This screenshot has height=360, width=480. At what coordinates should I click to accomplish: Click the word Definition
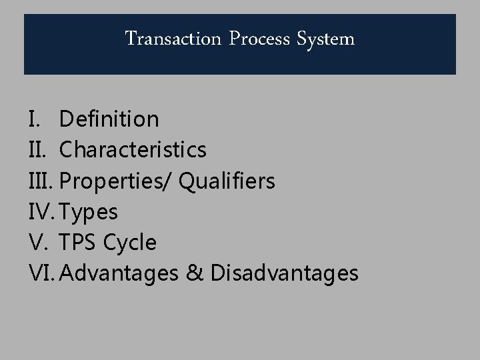pyautogui.click(x=109, y=119)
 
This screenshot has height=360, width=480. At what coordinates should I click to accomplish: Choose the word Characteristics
pyautogui.click(x=133, y=150)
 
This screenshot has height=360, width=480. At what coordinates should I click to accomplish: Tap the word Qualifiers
pyautogui.click(x=227, y=181)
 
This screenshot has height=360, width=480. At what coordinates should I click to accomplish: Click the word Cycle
pyautogui.click(x=131, y=243)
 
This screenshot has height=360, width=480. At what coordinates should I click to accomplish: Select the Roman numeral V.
pyautogui.click(x=37, y=243)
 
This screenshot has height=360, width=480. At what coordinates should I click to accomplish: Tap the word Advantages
pyautogui.click(x=123, y=273)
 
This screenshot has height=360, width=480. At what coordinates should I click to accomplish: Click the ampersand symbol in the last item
pyautogui.click(x=195, y=273)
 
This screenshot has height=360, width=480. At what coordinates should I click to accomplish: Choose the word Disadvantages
pyautogui.click(x=284, y=273)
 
